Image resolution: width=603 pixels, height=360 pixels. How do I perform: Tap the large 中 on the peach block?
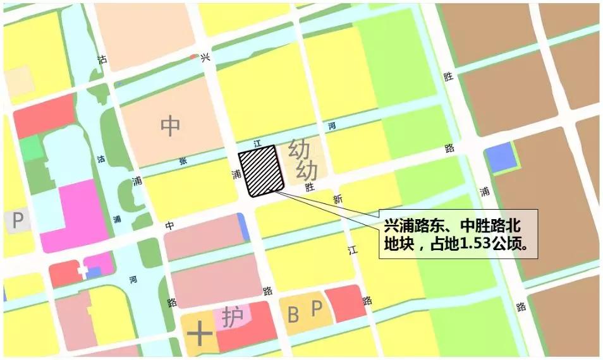tap(170, 125)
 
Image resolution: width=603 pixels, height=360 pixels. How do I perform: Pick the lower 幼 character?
tap(307, 169)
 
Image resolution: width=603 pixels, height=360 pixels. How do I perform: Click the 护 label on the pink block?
tap(232, 314)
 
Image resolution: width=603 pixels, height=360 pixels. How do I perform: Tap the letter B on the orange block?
tap(293, 313)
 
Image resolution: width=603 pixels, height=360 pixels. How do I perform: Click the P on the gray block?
tap(18, 220)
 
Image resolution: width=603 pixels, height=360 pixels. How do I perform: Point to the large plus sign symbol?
tap(199, 333)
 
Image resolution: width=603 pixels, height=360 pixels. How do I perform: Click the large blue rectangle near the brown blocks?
tap(501, 158)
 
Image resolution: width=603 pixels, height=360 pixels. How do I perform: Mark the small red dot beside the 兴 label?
tap(193, 57)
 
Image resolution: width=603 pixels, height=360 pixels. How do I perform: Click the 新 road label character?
tap(338, 198)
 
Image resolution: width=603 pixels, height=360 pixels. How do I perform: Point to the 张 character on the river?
tap(183, 160)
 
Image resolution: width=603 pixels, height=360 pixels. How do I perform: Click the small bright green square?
tap(30, 148)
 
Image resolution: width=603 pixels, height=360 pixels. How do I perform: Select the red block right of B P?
tap(345, 303)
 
